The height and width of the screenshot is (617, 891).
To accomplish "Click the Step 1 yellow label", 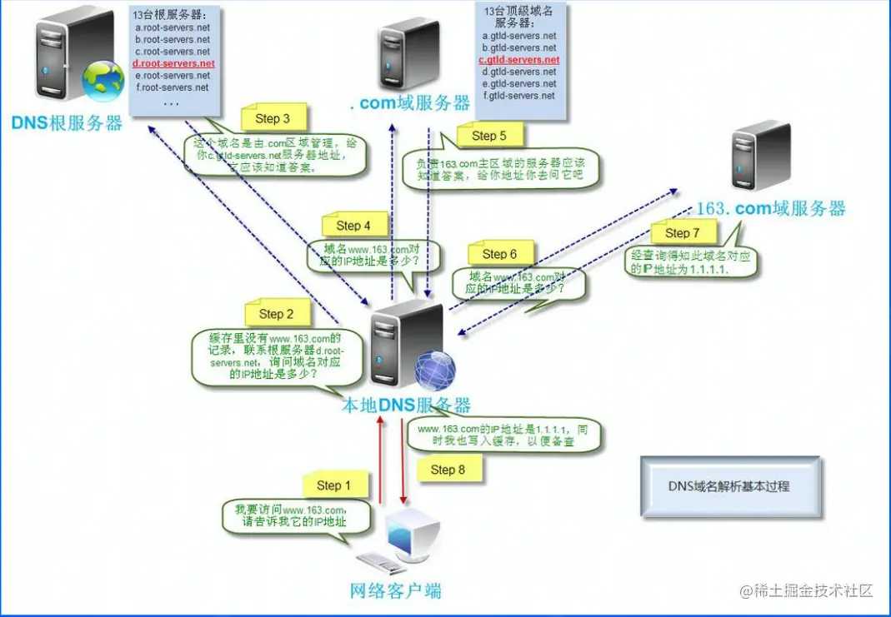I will pyautogui.click(x=333, y=485).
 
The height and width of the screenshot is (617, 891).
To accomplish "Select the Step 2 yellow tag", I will pyautogui.click(x=276, y=314).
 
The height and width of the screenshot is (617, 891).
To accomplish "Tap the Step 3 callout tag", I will pyautogui.click(x=273, y=118).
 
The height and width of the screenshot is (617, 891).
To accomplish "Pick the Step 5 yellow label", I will pyautogui.click(x=488, y=135).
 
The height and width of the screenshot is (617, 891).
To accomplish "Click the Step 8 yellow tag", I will pyautogui.click(x=448, y=470).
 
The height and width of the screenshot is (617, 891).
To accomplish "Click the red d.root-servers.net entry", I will pyautogui.click(x=173, y=63).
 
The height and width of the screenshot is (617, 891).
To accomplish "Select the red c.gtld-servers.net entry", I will pyautogui.click(x=518, y=60).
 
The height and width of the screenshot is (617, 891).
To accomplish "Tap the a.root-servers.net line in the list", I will pyautogui.click(x=173, y=27).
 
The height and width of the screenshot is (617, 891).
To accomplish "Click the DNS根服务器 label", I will pyautogui.click(x=67, y=123).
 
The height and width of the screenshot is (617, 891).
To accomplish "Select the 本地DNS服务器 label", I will pyautogui.click(x=407, y=406).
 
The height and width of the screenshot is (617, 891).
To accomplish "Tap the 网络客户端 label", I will pyautogui.click(x=395, y=591).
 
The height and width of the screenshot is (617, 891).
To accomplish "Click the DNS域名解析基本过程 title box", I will pyautogui.click(x=730, y=485).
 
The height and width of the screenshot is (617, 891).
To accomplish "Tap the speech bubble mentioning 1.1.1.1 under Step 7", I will pyautogui.click(x=691, y=263).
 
